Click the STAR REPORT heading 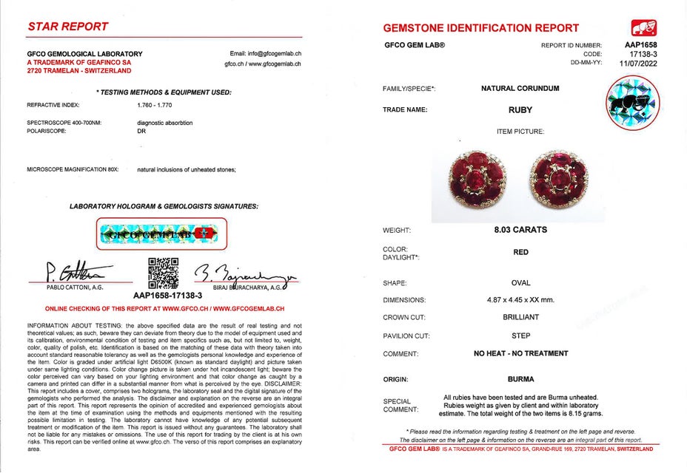(68, 27)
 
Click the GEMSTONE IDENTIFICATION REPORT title (481, 28)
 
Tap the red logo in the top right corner (643, 28)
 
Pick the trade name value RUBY (520, 110)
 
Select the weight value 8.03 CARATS (520, 230)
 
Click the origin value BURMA (520, 378)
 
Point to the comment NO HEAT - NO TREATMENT (520, 353)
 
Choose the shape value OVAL (520, 283)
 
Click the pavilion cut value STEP (520, 336)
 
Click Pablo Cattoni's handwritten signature (70, 270)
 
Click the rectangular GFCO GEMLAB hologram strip (161, 234)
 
